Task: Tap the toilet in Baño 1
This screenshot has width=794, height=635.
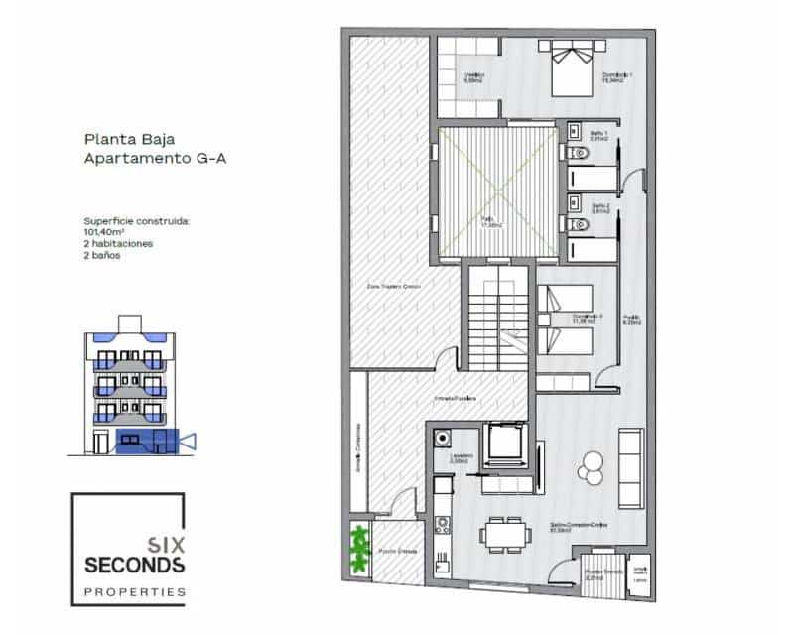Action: (x=579, y=153)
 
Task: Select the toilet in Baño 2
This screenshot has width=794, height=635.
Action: (x=579, y=224)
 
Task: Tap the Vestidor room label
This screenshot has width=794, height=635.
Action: (x=474, y=78)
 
